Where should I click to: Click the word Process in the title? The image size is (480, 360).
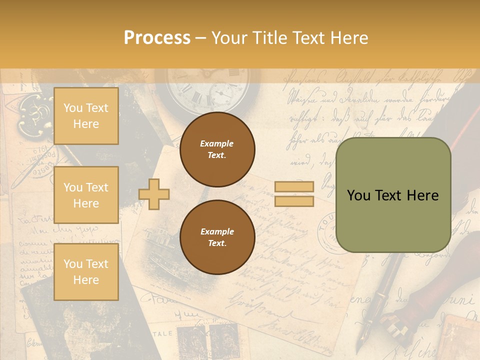click(x=157, y=38)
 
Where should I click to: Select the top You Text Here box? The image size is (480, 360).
click(x=86, y=116)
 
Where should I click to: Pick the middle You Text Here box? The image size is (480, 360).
click(x=86, y=195)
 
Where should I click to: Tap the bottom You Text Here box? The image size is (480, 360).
click(x=86, y=271)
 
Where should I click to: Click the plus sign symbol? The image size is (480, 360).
click(x=154, y=194)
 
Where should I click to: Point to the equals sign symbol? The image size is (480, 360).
click(x=294, y=194)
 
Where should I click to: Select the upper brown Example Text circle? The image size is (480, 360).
click(x=217, y=149)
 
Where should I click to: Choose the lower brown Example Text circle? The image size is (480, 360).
click(x=217, y=237)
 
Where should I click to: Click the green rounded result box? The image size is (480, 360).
click(x=393, y=195)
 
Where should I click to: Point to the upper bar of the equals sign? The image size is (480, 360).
click(x=294, y=187)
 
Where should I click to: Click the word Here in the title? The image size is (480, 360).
click(x=350, y=38)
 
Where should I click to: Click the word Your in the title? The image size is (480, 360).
click(x=228, y=38)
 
